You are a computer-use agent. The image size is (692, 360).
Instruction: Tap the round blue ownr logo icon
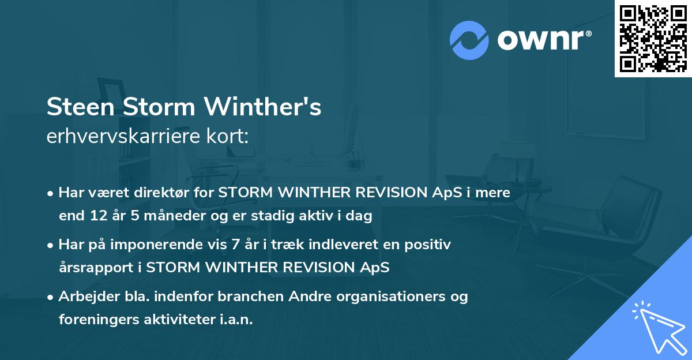click(x=469, y=40)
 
